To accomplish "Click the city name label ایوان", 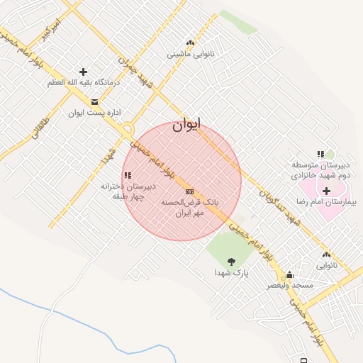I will [x=186, y=124].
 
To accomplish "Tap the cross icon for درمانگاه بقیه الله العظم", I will [x=84, y=72].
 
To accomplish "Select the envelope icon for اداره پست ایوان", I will [x=94, y=102].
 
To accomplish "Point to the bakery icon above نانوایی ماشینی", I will [x=190, y=43].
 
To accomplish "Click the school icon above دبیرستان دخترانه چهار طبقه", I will [x=128, y=175].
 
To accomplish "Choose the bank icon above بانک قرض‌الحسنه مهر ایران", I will [x=189, y=191].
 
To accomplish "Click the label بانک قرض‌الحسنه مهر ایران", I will [x=189, y=206].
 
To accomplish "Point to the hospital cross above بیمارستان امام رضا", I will [x=326, y=191].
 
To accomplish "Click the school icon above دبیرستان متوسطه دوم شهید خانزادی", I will [x=320, y=154].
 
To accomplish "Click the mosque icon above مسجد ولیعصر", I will [x=289, y=274].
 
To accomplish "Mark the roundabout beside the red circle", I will [x=128, y=131].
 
